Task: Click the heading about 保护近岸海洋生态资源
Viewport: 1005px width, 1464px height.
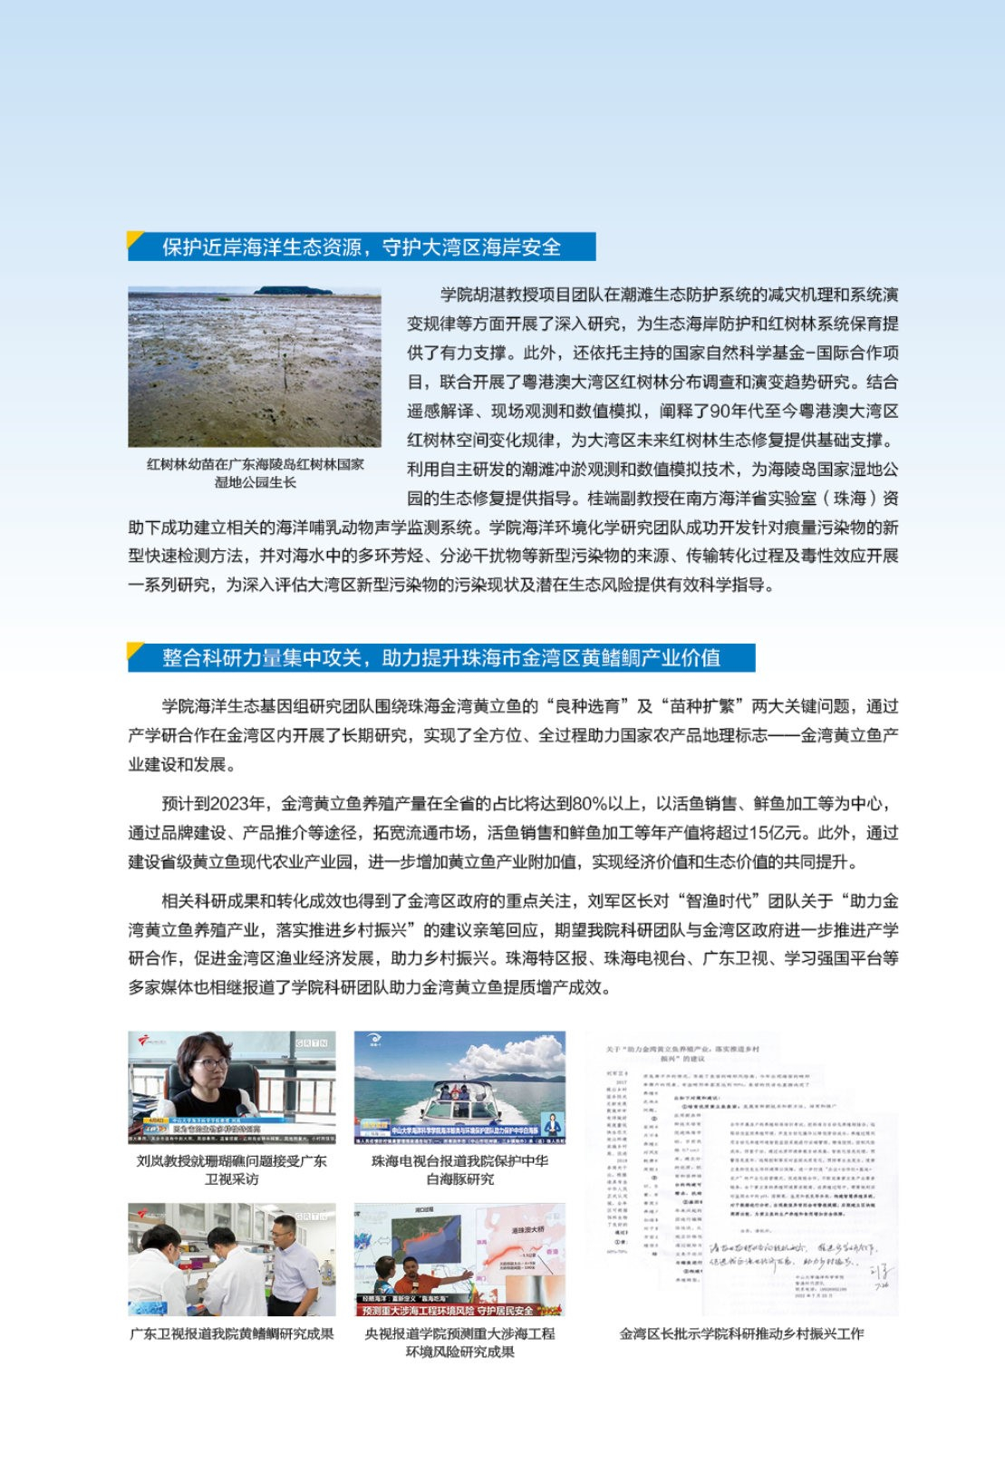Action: [x=362, y=247]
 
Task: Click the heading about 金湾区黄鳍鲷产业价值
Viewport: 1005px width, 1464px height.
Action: [x=441, y=658]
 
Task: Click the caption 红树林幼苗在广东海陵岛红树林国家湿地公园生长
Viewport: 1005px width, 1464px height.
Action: [x=255, y=473]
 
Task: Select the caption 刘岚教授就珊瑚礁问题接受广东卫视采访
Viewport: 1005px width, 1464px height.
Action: [x=231, y=1169]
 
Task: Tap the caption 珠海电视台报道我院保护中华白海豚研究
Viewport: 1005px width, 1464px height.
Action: [x=459, y=1169]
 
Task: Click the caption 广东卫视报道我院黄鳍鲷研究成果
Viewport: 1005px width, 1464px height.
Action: [x=231, y=1334]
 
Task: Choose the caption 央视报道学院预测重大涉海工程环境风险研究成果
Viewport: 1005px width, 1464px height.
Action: [x=459, y=1343]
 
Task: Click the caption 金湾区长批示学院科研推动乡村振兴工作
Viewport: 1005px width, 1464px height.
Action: [x=741, y=1334]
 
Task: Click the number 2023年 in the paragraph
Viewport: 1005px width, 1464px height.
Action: [x=238, y=804]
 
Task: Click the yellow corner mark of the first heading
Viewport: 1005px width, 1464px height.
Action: [x=136, y=239]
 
